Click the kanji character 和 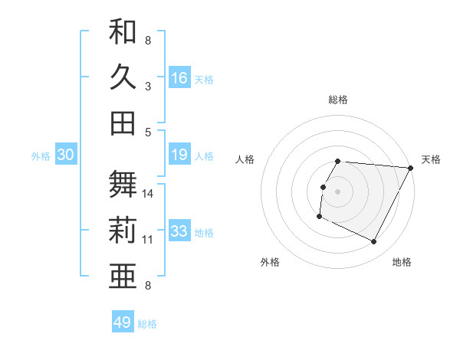pyautogui.click(x=123, y=31)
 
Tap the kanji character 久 pyautogui.click(x=123, y=77)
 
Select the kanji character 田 pyautogui.click(x=123, y=123)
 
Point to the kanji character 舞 pyautogui.click(x=123, y=185)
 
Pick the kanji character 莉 pyautogui.click(x=123, y=230)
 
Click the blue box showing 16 pyautogui.click(x=179, y=77)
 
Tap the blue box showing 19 pyautogui.click(x=179, y=155)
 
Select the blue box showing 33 pyautogui.click(x=179, y=232)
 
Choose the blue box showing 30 pyautogui.click(x=65, y=155)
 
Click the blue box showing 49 pyautogui.click(x=123, y=322)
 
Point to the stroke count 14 pyautogui.click(x=148, y=194)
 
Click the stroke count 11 pyautogui.click(x=148, y=240)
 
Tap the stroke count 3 pyautogui.click(x=148, y=87)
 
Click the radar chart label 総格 pyautogui.click(x=338, y=100)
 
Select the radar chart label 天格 pyautogui.click(x=431, y=159)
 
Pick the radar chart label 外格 pyautogui.click(x=270, y=263)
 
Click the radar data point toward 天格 pyautogui.click(x=411, y=169)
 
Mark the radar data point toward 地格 pyautogui.click(x=374, y=242)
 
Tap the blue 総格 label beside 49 pyautogui.click(x=147, y=324)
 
